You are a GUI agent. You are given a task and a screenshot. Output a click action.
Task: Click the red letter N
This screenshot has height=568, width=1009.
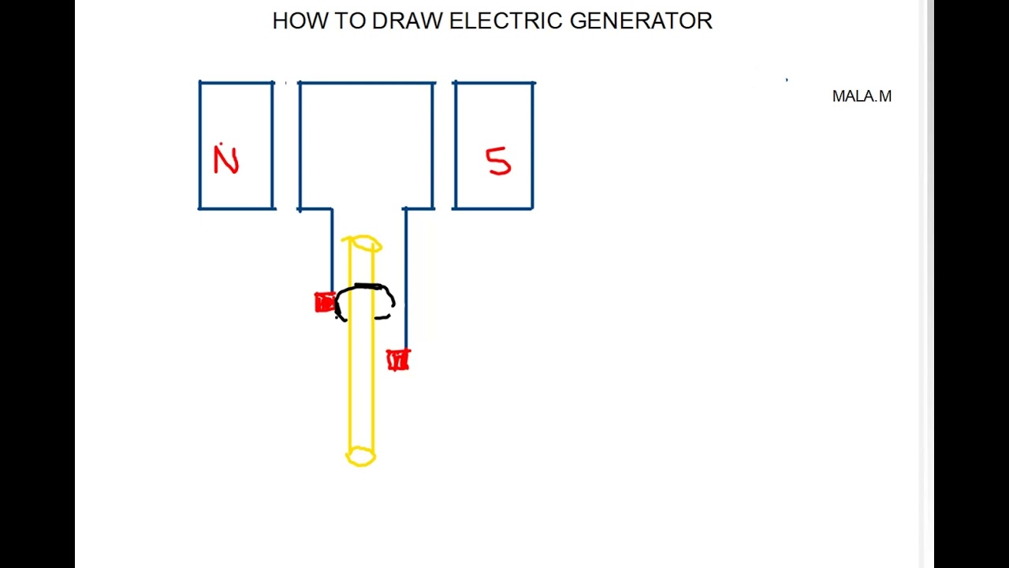coord(225,161)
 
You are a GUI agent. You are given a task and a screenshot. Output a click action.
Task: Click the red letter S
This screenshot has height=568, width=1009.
coord(498,161)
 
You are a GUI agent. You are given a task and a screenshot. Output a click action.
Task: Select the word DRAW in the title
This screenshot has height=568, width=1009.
coord(407,21)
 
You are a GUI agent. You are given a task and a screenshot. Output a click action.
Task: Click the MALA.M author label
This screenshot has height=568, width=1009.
coord(862,96)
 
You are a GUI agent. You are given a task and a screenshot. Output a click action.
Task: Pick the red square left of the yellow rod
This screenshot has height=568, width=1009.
coord(323,303)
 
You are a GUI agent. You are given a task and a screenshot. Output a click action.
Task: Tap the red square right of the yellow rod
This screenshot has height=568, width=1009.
coord(398,361)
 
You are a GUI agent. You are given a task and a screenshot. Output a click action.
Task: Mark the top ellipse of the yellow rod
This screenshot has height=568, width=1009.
coord(363,245)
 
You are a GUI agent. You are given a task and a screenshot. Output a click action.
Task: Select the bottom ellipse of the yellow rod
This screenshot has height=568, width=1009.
coord(361,456)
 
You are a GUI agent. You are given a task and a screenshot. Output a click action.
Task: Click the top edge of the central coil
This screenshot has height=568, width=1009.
coord(367,83)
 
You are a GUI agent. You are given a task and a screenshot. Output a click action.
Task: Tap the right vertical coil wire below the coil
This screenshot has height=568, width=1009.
coord(405,276)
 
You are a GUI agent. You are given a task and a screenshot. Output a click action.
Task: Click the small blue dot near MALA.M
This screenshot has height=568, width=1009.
coord(787,80)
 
